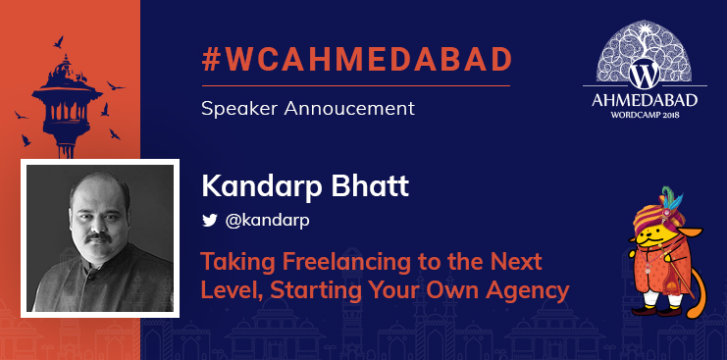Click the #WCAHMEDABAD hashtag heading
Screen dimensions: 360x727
tap(356, 60)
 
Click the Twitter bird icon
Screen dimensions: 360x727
tap(209, 221)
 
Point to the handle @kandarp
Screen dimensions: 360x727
tap(268, 221)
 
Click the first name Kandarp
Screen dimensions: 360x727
tap(250, 185)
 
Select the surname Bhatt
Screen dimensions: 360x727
tap(343, 185)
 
